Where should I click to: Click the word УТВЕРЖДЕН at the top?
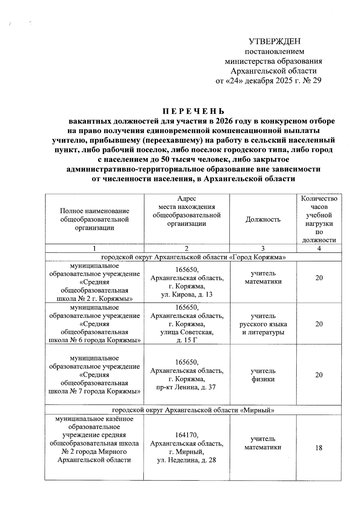275,42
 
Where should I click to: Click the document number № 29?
312,81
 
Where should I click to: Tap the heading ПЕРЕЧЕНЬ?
193,112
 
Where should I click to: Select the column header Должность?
263,219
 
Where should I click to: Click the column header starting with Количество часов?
319,219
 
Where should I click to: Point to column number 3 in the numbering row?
263,249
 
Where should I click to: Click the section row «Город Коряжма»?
193,257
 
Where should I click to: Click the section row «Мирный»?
193,410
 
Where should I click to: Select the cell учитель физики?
263,375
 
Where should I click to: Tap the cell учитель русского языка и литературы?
263,324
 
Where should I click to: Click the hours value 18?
319,448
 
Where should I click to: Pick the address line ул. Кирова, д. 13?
187,294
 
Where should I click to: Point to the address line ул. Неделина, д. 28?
186,460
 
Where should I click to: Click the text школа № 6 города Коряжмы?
95,340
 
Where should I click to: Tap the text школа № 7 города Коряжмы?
95,391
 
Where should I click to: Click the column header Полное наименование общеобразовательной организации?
95,219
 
